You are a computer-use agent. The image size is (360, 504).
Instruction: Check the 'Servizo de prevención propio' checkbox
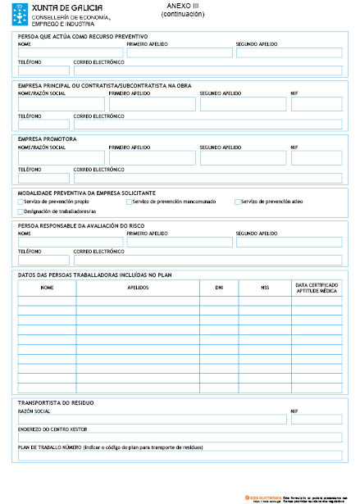coord(21,201)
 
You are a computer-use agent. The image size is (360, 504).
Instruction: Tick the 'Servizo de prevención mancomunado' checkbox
coord(129,201)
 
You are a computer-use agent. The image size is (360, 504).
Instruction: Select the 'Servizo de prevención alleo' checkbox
coord(238,201)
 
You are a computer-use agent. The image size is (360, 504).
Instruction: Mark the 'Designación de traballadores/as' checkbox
coord(21,211)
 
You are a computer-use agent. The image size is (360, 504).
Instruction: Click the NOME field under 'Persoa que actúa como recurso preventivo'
coord(71,52)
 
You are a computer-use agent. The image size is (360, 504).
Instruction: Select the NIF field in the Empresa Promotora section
coord(317,157)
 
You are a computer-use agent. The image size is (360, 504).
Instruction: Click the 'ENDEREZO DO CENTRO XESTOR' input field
coord(180,437)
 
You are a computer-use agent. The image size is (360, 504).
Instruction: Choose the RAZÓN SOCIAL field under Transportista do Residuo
coord(152,420)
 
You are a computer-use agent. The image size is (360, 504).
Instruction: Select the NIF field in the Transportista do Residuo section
coord(317,420)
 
